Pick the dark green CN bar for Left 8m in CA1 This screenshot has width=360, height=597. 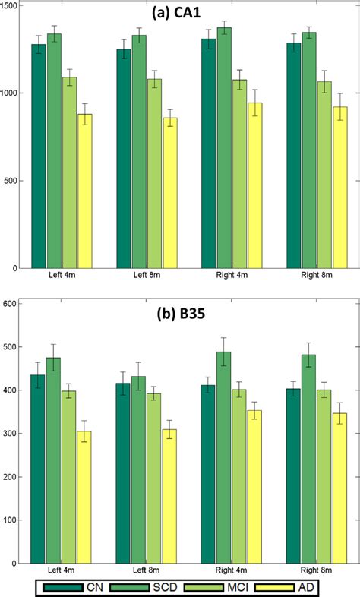pyautogui.click(x=123, y=159)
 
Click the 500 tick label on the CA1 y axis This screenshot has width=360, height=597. pyautogui.click(x=14, y=181)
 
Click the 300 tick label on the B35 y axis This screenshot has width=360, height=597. pyautogui.click(x=13, y=434)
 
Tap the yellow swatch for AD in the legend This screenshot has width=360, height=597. pyautogui.click(x=282, y=587)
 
